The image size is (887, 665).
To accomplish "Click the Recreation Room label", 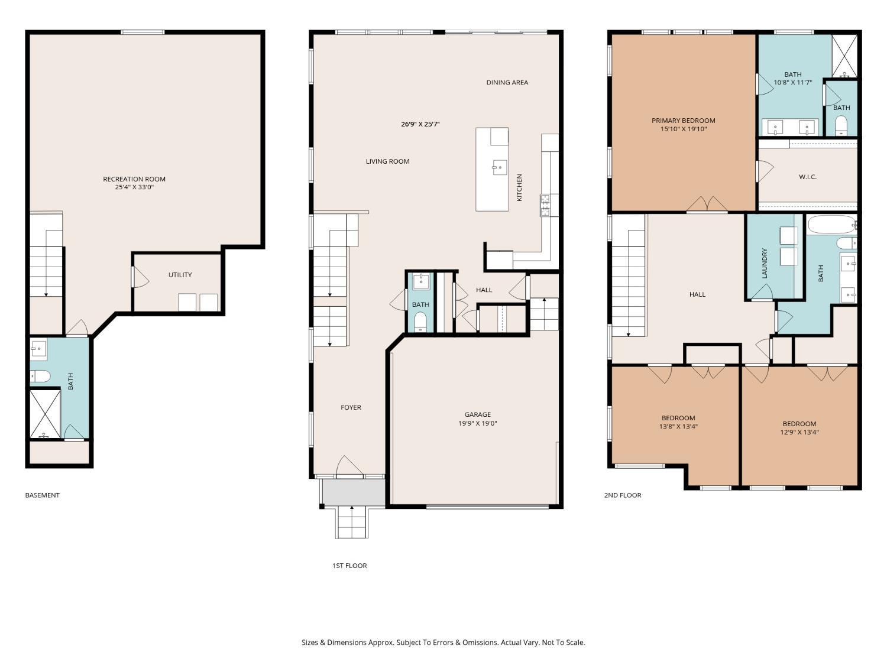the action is click(134, 179).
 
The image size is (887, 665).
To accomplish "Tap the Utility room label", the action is click(180, 274).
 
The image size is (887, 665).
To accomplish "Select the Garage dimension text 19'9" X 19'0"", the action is click(477, 423).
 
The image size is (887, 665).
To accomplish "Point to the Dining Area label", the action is click(507, 82).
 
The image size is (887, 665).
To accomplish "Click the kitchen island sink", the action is click(500, 167).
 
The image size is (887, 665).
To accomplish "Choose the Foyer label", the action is click(351, 407).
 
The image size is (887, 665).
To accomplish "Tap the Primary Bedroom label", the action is click(683, 121).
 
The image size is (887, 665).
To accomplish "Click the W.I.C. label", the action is click(807, 177).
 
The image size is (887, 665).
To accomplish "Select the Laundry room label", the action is click(764, 263).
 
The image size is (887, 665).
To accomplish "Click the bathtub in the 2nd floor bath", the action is click(831, 225).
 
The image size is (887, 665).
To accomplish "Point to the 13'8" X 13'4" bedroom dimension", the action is click(678, 426).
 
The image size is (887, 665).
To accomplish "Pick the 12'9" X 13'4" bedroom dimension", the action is click(799, 432).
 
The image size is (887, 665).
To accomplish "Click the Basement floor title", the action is click(42, 495).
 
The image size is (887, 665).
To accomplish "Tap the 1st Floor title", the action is click(349, 566).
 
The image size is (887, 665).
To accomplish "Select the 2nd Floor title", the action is click(622, 495).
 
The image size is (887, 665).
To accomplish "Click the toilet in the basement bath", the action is click(40, 377).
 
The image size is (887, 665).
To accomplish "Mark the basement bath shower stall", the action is click(45, 413).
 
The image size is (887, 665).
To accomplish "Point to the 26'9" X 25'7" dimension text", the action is click(420, 124).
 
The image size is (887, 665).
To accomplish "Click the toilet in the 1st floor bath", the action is click(420, 322).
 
